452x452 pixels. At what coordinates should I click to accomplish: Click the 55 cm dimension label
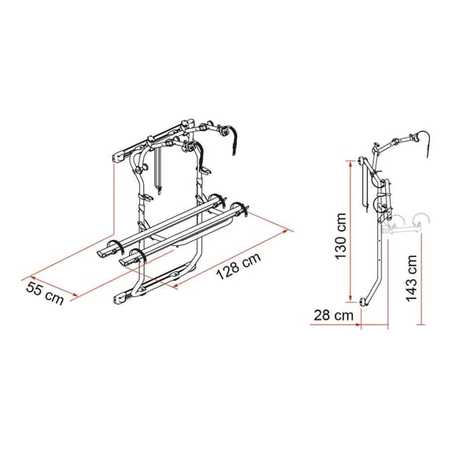pyautogui.click(x=45, y=292)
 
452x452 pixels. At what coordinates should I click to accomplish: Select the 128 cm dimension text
pyautogui.click(x=239, y=266)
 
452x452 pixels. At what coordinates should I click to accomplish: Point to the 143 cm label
pyautogui.click(x=411, y=278)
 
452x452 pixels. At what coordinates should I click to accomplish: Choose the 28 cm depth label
pyautogui.click(x=333, y=315)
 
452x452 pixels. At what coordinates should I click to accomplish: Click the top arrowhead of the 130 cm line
pyautogui.click(x=351, y=164)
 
